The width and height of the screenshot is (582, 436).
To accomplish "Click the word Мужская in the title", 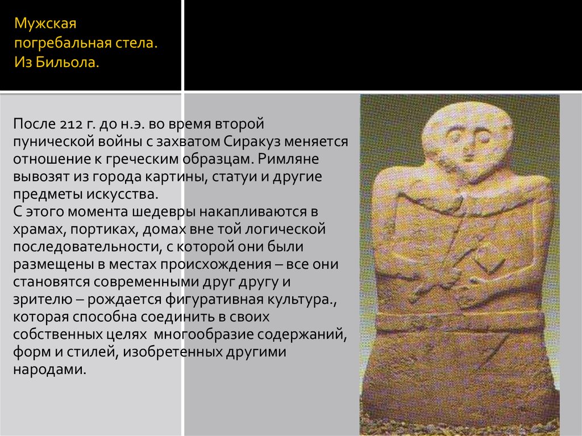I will [45, 24].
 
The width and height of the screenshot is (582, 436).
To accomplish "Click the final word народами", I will [49, 370].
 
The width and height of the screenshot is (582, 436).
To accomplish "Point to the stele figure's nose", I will [467, 145].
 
